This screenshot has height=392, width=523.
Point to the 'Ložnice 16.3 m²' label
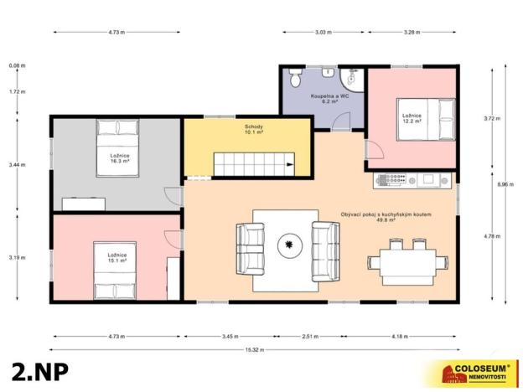[x=118, y=159]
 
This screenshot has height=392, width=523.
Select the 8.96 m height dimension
[x=502, y=183]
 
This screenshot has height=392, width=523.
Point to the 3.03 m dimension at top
[x=323, y=32]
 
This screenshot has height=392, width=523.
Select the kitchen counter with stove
[x=412, y=180]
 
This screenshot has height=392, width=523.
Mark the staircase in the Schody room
[x=254, y=164]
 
